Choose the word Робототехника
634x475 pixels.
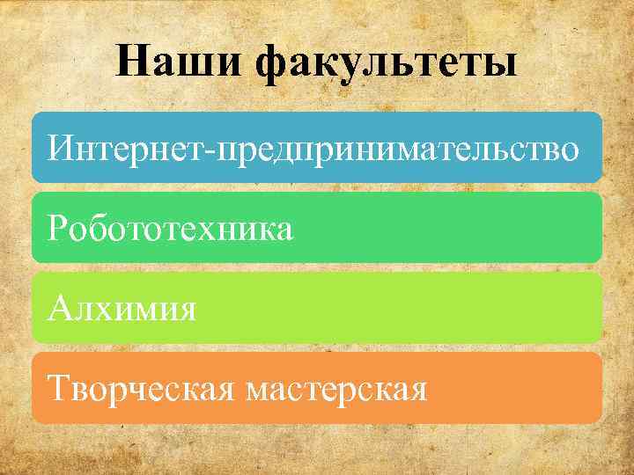[171, 229]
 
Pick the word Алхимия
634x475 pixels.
[122, 309]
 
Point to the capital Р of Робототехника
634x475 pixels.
[58, 228]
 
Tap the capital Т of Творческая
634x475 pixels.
[60, 388]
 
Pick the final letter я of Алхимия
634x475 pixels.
[186, 310]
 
